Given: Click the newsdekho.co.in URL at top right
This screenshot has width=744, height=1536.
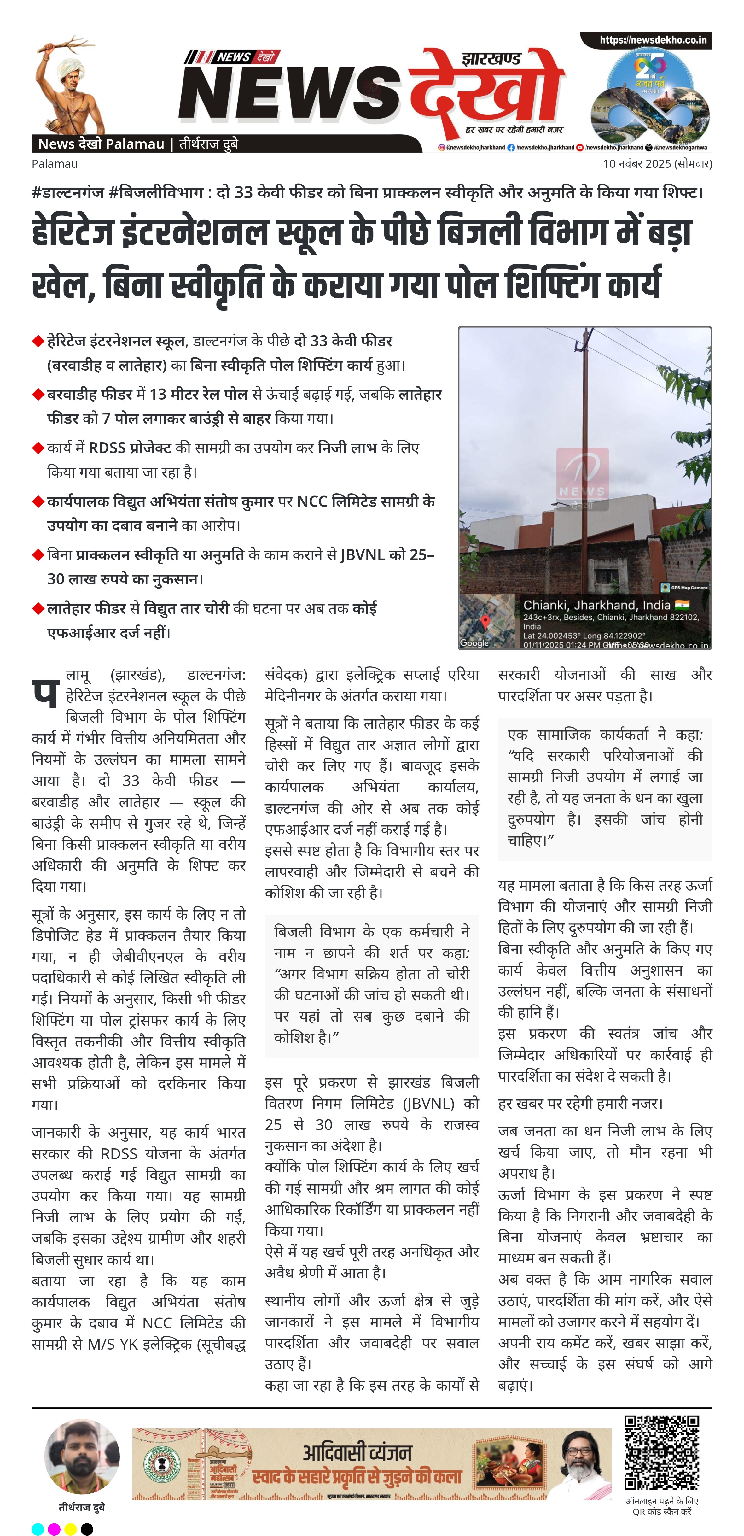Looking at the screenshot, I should (x=653, y=40).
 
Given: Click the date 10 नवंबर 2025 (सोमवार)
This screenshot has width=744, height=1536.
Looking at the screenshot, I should (x=657, y=163).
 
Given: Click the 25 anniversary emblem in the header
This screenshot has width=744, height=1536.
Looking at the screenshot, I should (x=650, y=95).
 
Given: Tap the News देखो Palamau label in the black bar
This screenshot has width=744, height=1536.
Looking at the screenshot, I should (x=101, y=144).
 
